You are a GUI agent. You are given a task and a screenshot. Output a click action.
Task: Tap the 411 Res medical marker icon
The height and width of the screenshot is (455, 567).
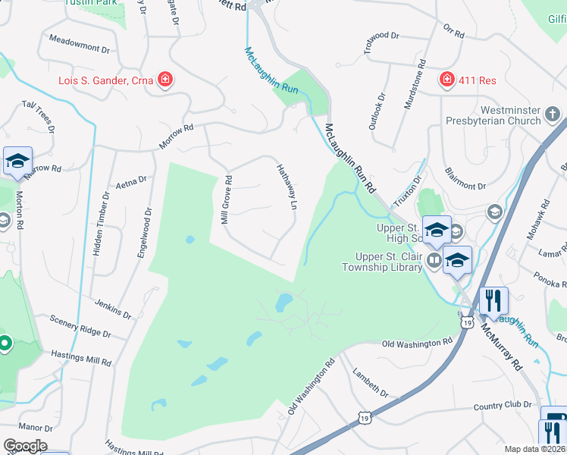447,79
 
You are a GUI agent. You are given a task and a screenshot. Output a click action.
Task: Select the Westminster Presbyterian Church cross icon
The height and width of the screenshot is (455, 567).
553,115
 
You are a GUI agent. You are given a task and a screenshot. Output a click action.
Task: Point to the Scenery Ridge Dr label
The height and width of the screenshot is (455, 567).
80,328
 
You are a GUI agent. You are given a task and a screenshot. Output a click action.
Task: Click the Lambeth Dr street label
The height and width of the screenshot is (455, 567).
370,384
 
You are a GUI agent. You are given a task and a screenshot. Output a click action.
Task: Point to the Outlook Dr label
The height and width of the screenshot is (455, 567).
377,111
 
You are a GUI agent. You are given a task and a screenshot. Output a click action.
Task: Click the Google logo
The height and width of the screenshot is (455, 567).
25,446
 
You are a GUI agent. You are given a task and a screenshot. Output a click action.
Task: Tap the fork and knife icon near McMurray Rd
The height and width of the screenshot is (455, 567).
493,300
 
